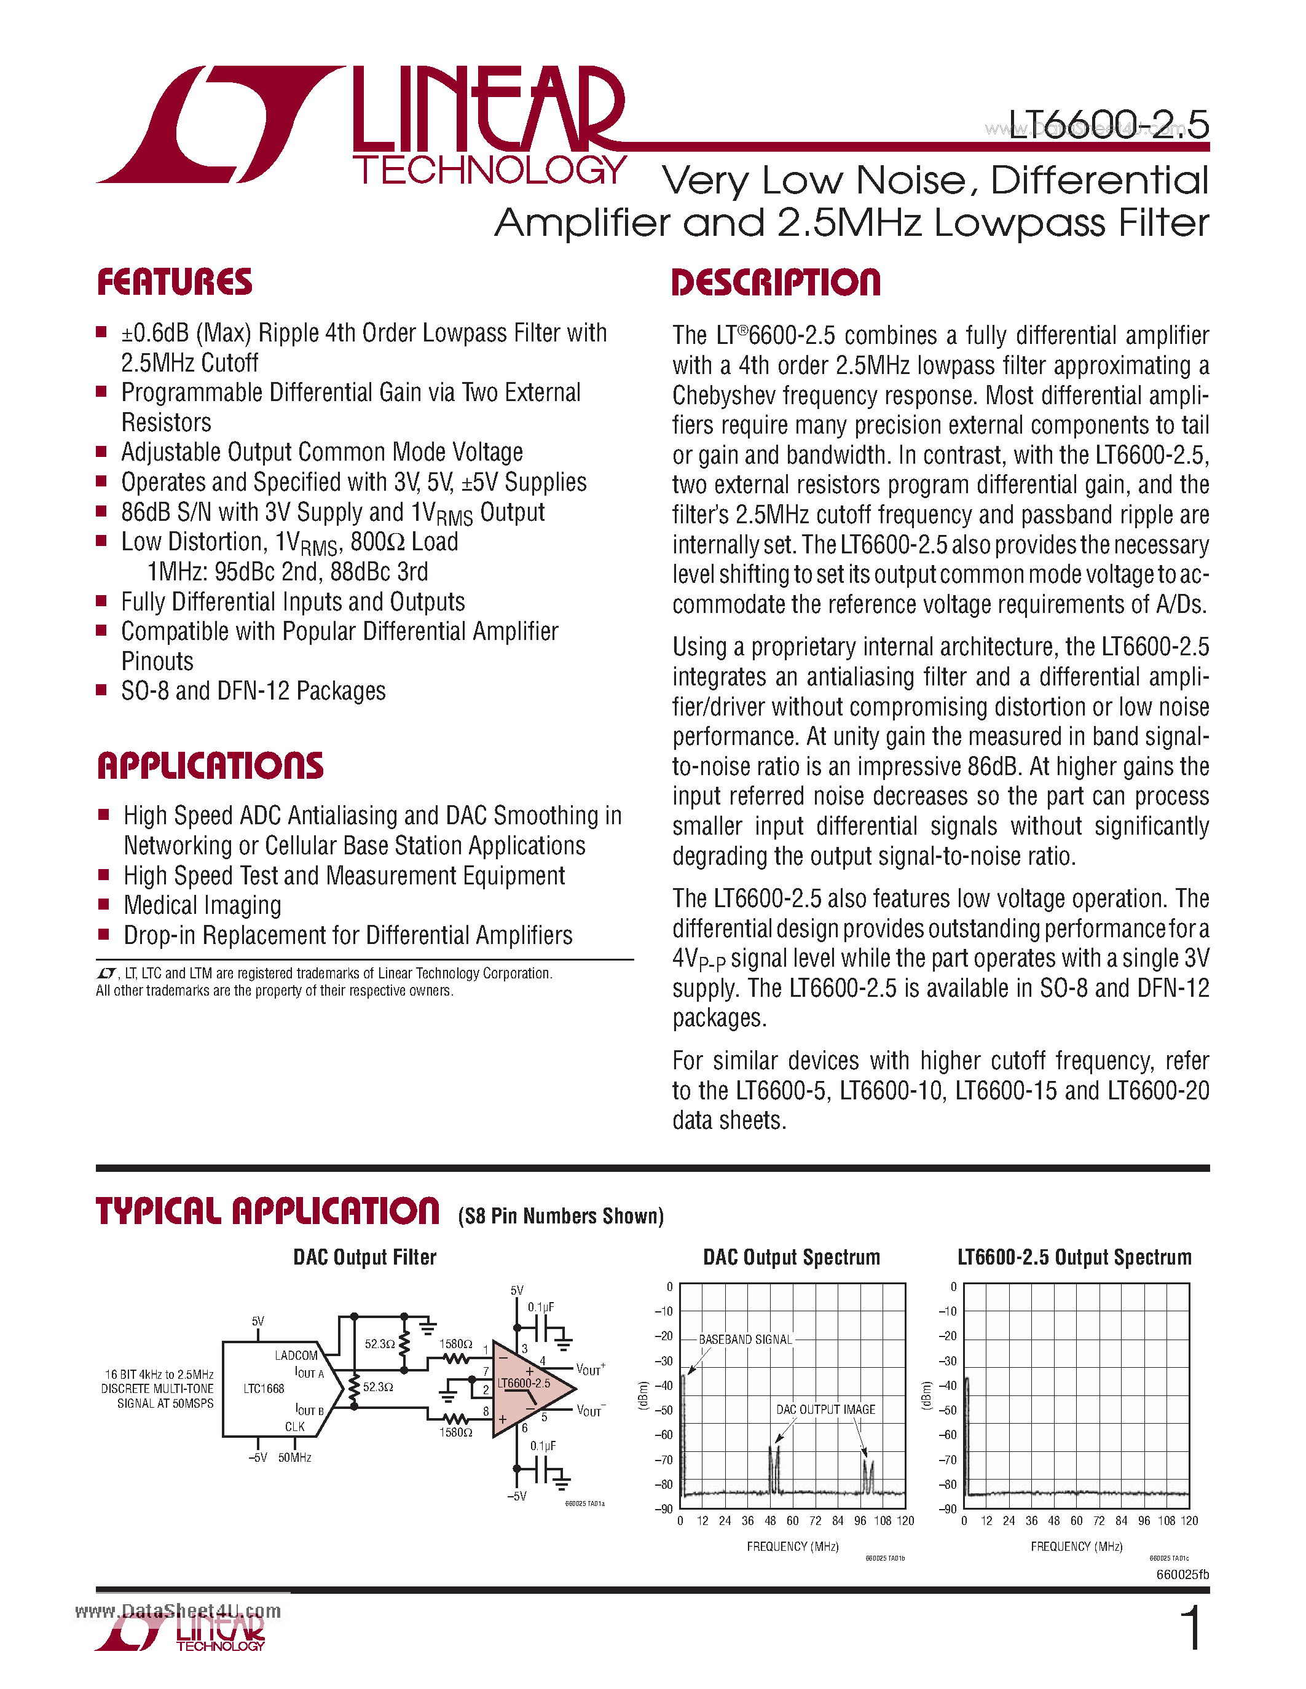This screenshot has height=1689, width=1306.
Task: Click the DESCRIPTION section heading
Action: (776, 283)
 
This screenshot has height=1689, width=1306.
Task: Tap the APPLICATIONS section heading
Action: (210, 766)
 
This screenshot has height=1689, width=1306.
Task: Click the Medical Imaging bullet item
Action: (202, 905)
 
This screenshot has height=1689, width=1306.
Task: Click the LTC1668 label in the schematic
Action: (264, 1389)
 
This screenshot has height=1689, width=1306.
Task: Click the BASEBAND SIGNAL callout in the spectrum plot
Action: (745, 1340)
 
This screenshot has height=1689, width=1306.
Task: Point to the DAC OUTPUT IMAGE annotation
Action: (825, 1410)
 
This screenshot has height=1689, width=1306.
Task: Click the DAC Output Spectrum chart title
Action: (792, 1257)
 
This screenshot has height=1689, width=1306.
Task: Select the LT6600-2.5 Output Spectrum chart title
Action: (1074, 1257)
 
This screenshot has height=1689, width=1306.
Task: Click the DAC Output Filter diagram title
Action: (364, 1257)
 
